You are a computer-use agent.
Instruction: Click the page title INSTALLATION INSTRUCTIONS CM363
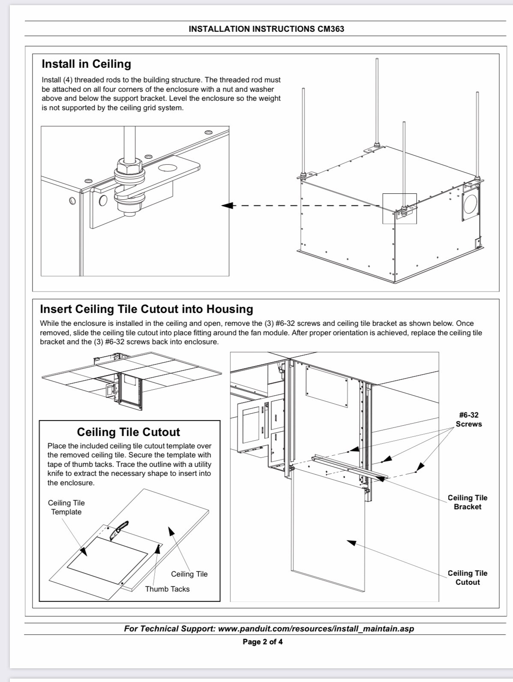pyautogui.click(x=266, y=29)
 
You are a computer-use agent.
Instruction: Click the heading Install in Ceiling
pyautogui.click(x=86, y=64)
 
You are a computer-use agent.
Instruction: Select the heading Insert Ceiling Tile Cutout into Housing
pyautogui.click(x=146, y=309)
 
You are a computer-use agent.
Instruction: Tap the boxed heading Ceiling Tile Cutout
pyautogui.click(x=128, y=432)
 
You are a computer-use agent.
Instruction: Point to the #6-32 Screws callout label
pyautogui.click(x=468, y=420)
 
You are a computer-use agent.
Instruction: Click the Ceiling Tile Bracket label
pyautogui.click(x=467, y=502)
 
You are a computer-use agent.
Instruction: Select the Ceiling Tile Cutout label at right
pyautogui.click(x=467, y=577)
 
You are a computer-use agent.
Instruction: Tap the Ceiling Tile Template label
pyautogui.click(x=66, y=508)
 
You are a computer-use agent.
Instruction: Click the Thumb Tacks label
pyautogui.click(x=167, y=589)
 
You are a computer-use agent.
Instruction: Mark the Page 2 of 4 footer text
pyautogui.click(x=262, y=642)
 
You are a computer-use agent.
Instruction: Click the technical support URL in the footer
pyautogui.click(x=316, y=629)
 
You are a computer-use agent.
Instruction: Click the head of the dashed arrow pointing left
pyautogui.click(x=227, y=206)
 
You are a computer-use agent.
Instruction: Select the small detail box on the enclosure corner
pyautogui.click(x=399, y=208)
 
